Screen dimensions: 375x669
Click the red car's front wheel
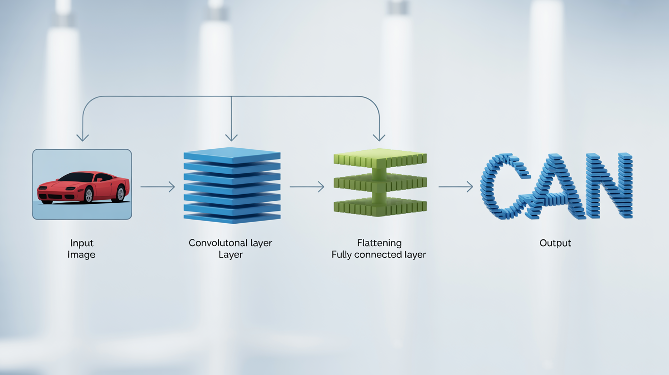click(x=88, y=195)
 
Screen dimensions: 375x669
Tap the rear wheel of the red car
click(x=121, y=193)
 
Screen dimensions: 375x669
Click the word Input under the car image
click(x=82, y=243)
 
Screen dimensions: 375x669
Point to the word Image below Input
click(x=82, y=254)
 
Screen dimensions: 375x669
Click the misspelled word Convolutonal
click(x=214, y=243)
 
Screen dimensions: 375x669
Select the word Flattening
click(x=379, y=243)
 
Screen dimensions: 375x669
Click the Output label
click(x=555, y=243)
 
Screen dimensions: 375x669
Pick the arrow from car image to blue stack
click(x=158, y=187)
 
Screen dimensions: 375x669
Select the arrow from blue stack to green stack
click(x=306, y=187)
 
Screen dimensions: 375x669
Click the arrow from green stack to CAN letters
click(x=455, y=187)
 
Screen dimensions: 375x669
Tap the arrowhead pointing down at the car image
click(x=82, y=138)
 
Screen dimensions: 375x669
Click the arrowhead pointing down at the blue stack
click(x=231, y=138)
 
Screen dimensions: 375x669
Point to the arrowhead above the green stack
click(x=378, y=138)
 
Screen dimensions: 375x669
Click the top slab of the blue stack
click(x=232, y=154)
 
